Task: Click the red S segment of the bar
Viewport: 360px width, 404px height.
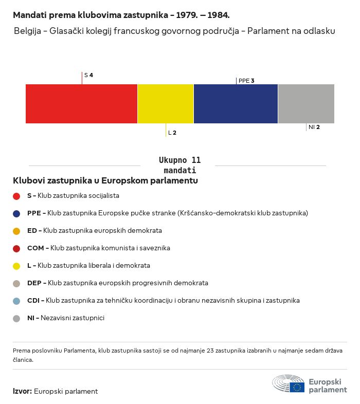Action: pyautogui.click(x=81, y=104)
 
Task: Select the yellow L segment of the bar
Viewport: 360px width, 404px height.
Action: pyautogui.click(x=166, y=104)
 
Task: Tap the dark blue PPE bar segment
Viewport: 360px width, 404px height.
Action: pyautogui.click(x=236, y=104)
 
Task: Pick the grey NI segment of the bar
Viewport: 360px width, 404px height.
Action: pyautogui.click(x=306, y=104)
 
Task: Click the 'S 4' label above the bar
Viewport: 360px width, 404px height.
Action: pyautogui.click(x=88, y=75)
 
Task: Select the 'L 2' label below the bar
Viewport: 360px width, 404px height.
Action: pyautogui.click(x=172, y=133)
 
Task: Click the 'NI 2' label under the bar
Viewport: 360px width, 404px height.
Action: pyautogui.click(x=314, y=127)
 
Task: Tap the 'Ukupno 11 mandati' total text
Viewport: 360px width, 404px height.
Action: pyautogui.click(x=179, y=165)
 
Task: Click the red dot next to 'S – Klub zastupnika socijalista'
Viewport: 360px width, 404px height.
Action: pyautogui.click(x=16, y=196)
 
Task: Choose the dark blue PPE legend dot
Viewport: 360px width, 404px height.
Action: pyautogui.click(x=16, y=213)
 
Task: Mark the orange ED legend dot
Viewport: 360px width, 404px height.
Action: pyautogui.click(x=16, y=231)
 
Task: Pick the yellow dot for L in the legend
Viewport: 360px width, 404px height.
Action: pyautogui.click(x=16, y=266)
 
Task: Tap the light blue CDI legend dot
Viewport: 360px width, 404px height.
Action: pyautogui.click(x=16, y=301)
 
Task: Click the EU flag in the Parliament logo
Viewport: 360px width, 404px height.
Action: pyautogui.click(x=297, y=387)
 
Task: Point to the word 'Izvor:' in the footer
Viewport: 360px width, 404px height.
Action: pyautogui.click(x=22, y=391)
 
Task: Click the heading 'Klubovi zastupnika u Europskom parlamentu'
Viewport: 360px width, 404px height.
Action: pyautogui.click(x=105, y=181)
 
